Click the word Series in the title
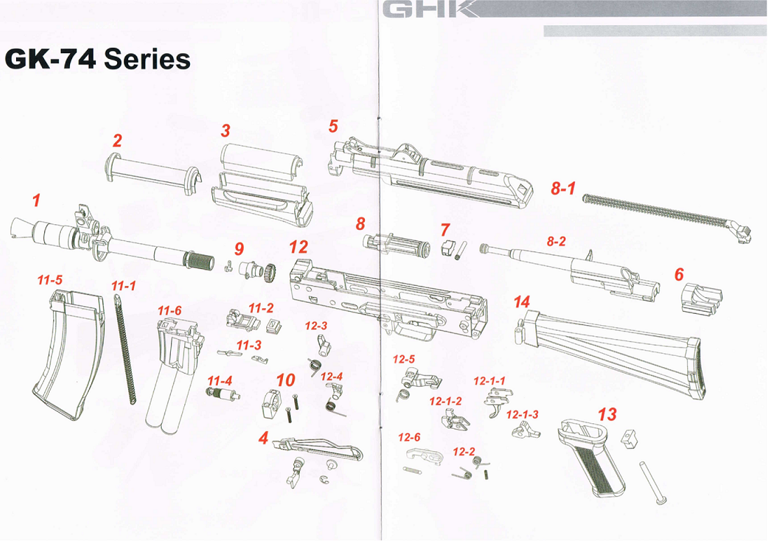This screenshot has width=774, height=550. click(x=147, y=60)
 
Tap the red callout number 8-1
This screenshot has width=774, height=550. click(x=562, y=189)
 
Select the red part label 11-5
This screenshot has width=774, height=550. click(x=50, y=280)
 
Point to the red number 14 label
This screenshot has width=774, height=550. click(x=521, y=302)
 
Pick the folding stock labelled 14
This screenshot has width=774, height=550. click(x=616, y=354)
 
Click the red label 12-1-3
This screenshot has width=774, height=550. click(x=523, y=415)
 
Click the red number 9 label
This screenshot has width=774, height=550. click(x=239, y=249)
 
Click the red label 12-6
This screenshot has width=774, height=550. click(x=409, y=437)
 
